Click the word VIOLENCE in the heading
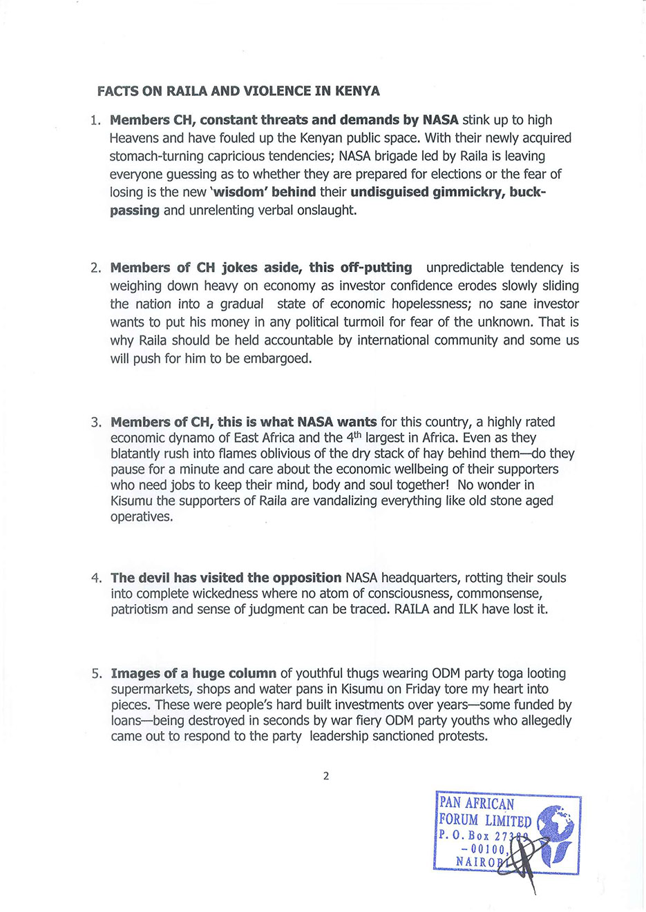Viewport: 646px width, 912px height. click(280, 91)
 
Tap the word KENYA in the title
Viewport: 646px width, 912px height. click(357, 91)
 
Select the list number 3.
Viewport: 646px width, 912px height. click(96, 423)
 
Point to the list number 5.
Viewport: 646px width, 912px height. click(96, 674)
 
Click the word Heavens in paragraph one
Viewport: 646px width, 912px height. click(135, 138)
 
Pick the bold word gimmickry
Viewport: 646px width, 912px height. click(468, 192)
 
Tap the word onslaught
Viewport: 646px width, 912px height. click(326, 210)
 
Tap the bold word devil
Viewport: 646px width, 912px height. click(153, 578)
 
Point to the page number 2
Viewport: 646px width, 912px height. click(326, 776)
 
